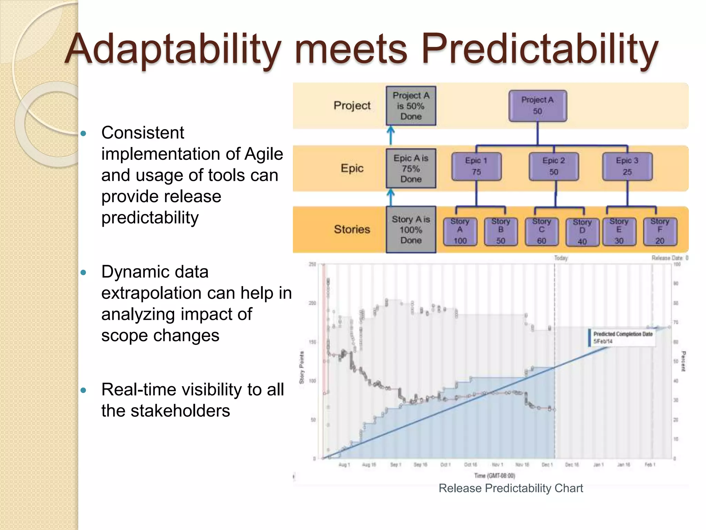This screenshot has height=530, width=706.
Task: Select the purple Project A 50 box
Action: pyautogui.click(x=537, y=106)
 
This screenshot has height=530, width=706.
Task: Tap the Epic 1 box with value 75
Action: pyautogui.click(x=476, y=166)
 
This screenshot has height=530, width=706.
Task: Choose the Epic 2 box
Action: pyautogui.click(x=553, y=166)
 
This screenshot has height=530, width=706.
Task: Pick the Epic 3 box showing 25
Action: pyautogui.click(x=627, y=166)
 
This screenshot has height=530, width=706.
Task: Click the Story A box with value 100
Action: pyautogui.click(x=460, y=231)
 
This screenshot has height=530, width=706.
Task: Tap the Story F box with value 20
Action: pyautogui.click(x=660, y=231)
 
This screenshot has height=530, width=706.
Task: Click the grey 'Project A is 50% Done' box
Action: pyautogui.click(x=411, y=106)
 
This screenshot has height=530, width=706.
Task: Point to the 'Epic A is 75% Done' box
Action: pyautogui.click(x=411, y=168)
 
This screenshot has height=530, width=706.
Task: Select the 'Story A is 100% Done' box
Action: pyautogui.click(x=411, y=229)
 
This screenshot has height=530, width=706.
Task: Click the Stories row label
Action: pyautogui.click(x=352, y=229)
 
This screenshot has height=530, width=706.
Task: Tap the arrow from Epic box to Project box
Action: pyautogui.click(x=391, y=136)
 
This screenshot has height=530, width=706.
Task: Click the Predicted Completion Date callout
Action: pyautogui.click(x=622, y=337)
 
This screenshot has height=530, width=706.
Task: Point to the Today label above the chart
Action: pyautogui.click(x=561, y=258)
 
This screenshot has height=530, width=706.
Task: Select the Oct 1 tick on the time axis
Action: pyautogui.click(x=445, y=465)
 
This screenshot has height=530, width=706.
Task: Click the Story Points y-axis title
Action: pyautogui.click(x=302, y=367)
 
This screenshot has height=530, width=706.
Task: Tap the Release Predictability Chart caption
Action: pyautogui.click(x=511, y=488)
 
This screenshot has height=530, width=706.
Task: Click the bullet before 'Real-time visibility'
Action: pyautogui.click(x=83, y=390)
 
